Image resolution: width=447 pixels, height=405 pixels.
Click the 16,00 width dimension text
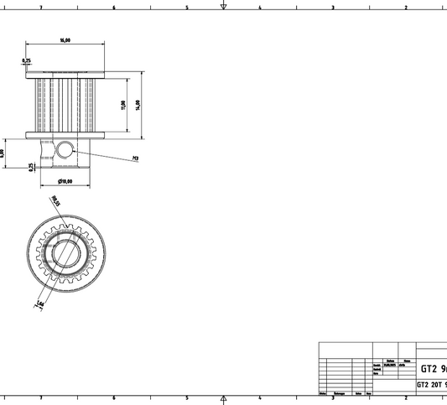click(65, 39)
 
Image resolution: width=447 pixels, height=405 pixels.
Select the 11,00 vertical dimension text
click(122, 104)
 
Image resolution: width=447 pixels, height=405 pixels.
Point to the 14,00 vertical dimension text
click(138, 104)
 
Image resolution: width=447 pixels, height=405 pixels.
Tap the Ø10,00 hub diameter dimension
click(65, 181)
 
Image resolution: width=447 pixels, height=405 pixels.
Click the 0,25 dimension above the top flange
click(27, 60)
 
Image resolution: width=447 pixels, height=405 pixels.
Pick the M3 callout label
click(135, 158)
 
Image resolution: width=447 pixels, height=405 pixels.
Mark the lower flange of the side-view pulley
click(65, 133)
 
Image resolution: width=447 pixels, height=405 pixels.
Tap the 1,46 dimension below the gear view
click(39, 302)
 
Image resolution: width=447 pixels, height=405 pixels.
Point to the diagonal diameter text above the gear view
click(56, 201)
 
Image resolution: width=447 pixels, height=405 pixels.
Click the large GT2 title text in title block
click(433, 369)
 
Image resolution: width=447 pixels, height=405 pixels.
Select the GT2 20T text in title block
click(431, 386)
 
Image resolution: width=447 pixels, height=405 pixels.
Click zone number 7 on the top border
click(41, 8)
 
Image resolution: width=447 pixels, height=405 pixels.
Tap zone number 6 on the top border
click(114, 8)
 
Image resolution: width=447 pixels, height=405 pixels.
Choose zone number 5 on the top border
click(187, 8)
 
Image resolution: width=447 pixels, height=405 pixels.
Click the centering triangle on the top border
click(224, 6)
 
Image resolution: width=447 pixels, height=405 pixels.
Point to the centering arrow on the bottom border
click(224, 399)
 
